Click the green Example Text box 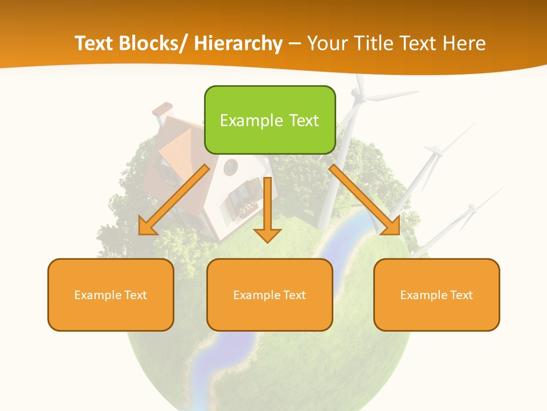pos(270,120)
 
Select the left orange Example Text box pos(111,295)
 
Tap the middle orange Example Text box pos(270,295)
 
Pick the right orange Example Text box pos(436,295)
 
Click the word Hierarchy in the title pos(238,43)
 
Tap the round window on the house pos(231,167)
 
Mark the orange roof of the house pos(178,146)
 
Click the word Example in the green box pos(251,120)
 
